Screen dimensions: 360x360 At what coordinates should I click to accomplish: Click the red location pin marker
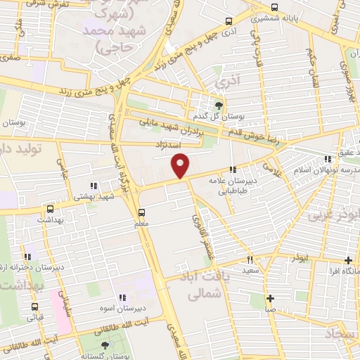click(x=181, y=165)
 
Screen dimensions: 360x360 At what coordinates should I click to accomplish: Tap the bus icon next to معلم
click(x=142, y=212)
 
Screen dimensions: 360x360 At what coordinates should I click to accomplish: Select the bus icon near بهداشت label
click(x=50, y=209)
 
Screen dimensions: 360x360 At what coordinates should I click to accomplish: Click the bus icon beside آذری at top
click(x=228, y=22)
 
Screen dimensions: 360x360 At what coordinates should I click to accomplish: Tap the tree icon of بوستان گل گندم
click(x=219, y=105)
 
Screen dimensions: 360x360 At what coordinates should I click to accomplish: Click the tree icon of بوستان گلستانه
click(x=105, y=345)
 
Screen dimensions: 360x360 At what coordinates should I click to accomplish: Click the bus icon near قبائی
click(x=30, y=307)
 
